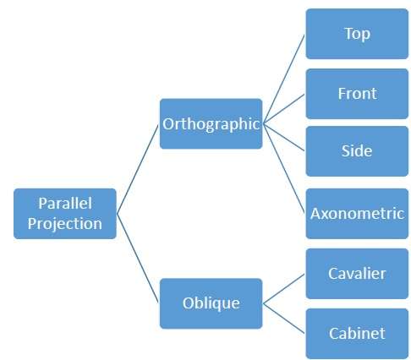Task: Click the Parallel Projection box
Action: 65,213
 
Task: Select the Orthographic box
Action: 211,123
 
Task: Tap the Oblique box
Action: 211,303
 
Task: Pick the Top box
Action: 357,34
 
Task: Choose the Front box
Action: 357,93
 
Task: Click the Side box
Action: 357,151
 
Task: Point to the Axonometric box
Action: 357,213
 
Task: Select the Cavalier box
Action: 357,273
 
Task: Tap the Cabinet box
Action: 357,332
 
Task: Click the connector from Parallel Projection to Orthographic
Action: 138,168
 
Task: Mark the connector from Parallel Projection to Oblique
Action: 138,258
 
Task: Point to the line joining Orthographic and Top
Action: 284,79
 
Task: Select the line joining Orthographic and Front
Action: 284,108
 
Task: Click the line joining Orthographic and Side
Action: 284,138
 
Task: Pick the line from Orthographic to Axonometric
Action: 284,168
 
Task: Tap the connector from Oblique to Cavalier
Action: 284,287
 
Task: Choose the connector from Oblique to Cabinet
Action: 284,317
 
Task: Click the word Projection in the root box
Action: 65,223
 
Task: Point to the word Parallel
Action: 65,203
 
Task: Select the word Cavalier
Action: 357,273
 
